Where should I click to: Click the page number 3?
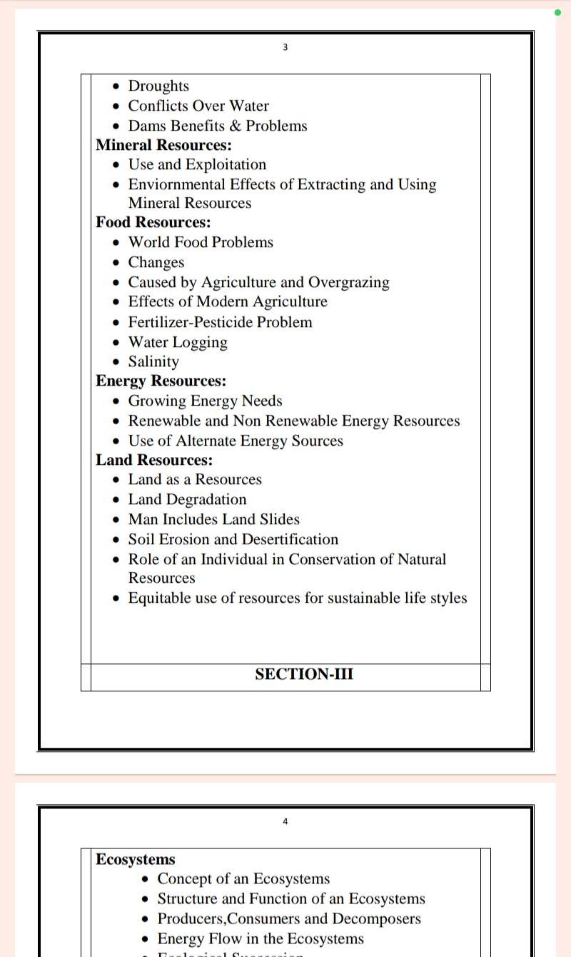[x=285, y=47]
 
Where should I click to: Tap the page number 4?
[x=285, y=821]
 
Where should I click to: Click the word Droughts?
[x=158, y=86]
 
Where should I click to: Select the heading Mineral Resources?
[x=164, y=145]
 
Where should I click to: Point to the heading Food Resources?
[x=153, y=222]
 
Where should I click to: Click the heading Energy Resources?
[x=161, y=381]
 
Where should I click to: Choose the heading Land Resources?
[x=155, y=460]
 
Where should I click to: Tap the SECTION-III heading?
[x=304, y=674]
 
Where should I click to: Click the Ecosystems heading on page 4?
[x=136, y=859]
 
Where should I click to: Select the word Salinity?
[x=153, y=361]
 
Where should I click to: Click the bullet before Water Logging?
[x=116, y=343]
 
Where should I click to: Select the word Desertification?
[x=290, y=539]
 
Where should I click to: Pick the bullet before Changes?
[x=116, y=263]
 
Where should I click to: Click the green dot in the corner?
[x=557, y=12]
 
